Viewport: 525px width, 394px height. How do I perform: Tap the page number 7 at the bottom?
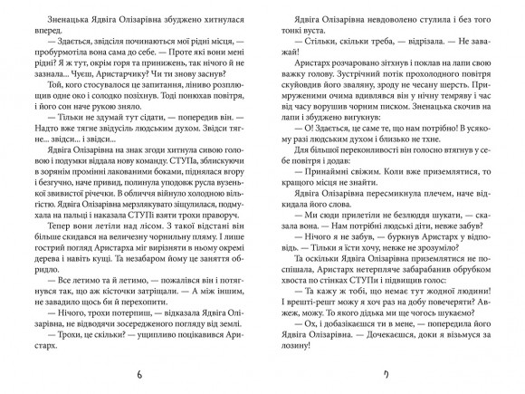(x=387, y=374)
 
